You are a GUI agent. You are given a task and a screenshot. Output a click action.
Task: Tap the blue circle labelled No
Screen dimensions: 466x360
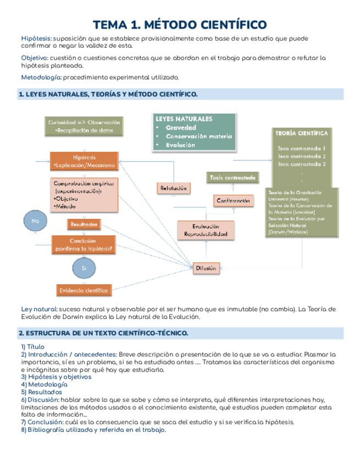pos(36,221)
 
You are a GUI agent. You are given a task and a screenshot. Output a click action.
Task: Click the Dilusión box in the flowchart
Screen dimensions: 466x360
pos(207,268)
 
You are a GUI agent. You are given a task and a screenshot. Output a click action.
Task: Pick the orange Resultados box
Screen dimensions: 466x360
pos(84,224)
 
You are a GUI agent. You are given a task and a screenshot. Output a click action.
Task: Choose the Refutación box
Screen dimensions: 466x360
pos(174,188)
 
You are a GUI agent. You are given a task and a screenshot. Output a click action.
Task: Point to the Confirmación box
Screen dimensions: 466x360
pos(234,201)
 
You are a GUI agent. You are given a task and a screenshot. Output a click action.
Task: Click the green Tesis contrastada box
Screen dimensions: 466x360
pos(231,177)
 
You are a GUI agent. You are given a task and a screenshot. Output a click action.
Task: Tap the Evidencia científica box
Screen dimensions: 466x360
pos(84,290)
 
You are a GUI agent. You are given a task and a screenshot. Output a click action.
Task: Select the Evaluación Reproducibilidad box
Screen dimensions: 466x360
pos(206,230)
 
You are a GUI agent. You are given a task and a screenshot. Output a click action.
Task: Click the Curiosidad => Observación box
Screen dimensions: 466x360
pos(84,126)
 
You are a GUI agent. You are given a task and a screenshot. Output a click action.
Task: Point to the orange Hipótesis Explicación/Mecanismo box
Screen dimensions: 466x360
pos(84,160)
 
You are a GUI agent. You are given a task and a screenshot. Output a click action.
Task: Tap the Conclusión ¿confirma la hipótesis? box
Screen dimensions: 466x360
pos(84,244)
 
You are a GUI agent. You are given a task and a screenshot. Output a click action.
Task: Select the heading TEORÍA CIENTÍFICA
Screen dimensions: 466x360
pos(301,133)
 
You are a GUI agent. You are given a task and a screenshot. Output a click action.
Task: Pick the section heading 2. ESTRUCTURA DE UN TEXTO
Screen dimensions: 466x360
pos(103,333)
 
